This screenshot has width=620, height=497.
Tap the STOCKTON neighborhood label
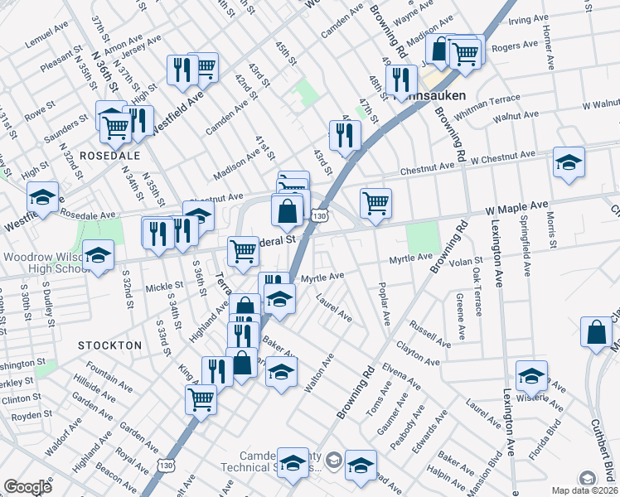coord(110,344)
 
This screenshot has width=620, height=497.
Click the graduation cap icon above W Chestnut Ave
coord(569,162)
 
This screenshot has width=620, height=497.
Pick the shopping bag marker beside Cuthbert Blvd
coord(596,334)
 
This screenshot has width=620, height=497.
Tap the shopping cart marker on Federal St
coord(243,250)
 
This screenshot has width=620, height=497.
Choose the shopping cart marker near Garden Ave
coord(202,401)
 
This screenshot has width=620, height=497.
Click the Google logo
coord(27,487)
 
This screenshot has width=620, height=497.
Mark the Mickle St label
coord(157,287)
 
